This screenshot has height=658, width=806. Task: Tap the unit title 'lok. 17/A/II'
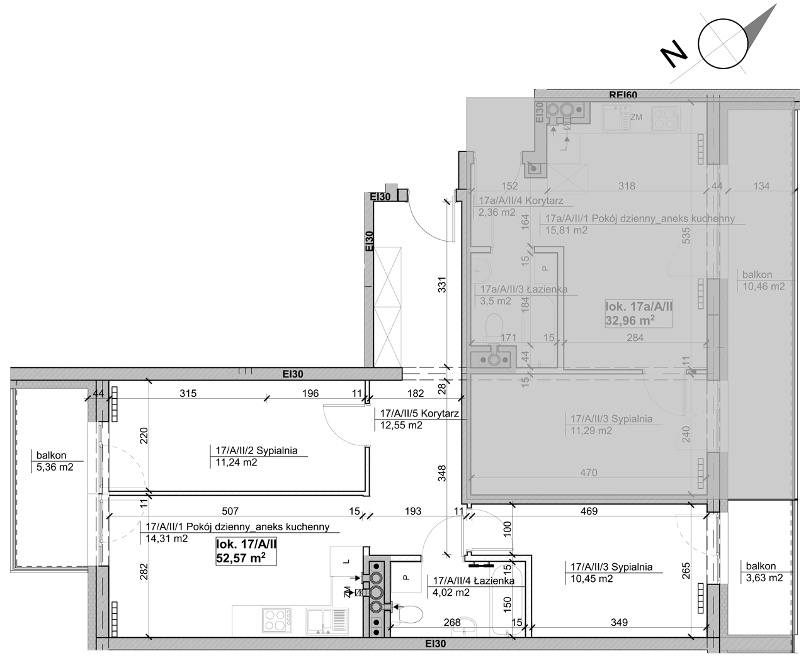click(x=246, y=544)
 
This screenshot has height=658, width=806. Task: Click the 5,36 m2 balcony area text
click(x=55, y=467)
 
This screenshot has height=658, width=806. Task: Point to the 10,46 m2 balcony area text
click(x=764, y=286)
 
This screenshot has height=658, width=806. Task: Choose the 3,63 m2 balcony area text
click(x=764, y=578)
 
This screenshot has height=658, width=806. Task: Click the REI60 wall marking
click(x=623, y=94)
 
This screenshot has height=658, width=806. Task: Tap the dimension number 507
click(x=230, y=511)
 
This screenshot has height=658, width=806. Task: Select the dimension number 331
click(x=442, y=284)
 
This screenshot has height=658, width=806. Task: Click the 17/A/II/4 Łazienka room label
click(x=474, y=581)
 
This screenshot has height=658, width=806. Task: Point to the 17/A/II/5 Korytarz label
click(x=419, y=413)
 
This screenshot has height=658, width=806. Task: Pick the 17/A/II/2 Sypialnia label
click(x=256, y=450)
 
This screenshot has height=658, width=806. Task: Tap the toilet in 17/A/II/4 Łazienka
click(x=409, y=615)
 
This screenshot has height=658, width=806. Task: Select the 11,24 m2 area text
click(x=236, y=462)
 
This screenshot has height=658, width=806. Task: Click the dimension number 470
click(x=589, y=473)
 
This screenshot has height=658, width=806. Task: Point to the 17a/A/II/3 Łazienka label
click(x=523, y=289)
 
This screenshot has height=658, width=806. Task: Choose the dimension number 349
click(x=619, y=623)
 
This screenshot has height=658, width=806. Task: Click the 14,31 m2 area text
click(x=167, y=538)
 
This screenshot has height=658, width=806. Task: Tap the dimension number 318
click(x=627, y=186)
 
